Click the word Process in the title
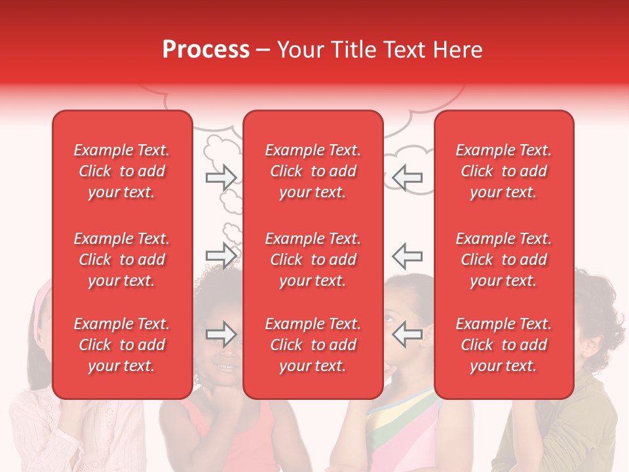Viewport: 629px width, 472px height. click(x=206, y=50)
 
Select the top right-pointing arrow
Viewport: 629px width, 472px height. click(x=221, y=177)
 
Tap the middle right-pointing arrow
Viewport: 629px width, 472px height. click(x=221, y=255)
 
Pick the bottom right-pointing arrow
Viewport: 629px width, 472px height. click(x=221, y=334)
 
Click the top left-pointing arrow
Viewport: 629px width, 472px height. click(x=408, y=177)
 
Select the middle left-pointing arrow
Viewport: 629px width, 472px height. click(x=408, y=255)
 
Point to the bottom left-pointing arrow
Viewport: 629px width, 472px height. click(x=408, y=334)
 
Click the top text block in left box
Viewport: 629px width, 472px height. click(x=122, y=171)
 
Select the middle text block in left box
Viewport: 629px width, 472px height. click(x=122, y=260)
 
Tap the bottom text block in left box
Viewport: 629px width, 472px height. click(x=122, y=345)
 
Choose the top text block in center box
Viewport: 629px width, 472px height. click(x=313, y=171)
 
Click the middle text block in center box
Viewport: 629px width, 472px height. click(x=313, y=260)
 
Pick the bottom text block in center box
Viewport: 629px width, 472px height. click(x=313, y=345)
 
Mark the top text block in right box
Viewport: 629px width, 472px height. click(x=503, y=171)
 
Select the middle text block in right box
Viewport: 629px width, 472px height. click(x=503, y=260)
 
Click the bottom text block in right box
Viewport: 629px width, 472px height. click(x=503, y=345)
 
